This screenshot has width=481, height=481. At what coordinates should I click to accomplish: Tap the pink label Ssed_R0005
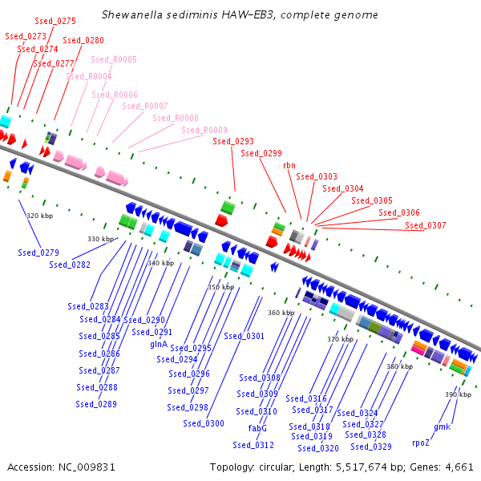114,59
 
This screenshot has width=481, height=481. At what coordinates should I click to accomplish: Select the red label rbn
289,164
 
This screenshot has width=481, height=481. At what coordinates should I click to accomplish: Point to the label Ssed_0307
426,225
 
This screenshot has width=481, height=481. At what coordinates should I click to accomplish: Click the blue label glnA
159,344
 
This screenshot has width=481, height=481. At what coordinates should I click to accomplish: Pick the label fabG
257,428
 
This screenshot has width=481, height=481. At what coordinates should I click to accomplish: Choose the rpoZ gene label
421,443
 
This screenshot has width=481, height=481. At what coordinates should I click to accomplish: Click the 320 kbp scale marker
39,216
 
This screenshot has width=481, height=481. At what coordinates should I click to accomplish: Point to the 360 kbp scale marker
281,313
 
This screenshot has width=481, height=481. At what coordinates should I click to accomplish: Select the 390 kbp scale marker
459,394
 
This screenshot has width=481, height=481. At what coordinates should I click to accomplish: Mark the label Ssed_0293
233,141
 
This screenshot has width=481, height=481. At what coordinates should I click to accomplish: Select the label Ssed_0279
38,253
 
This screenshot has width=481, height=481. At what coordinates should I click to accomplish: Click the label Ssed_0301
244,336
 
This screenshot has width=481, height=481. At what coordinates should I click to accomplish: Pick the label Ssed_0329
371,447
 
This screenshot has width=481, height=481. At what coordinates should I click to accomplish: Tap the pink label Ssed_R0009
204,130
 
